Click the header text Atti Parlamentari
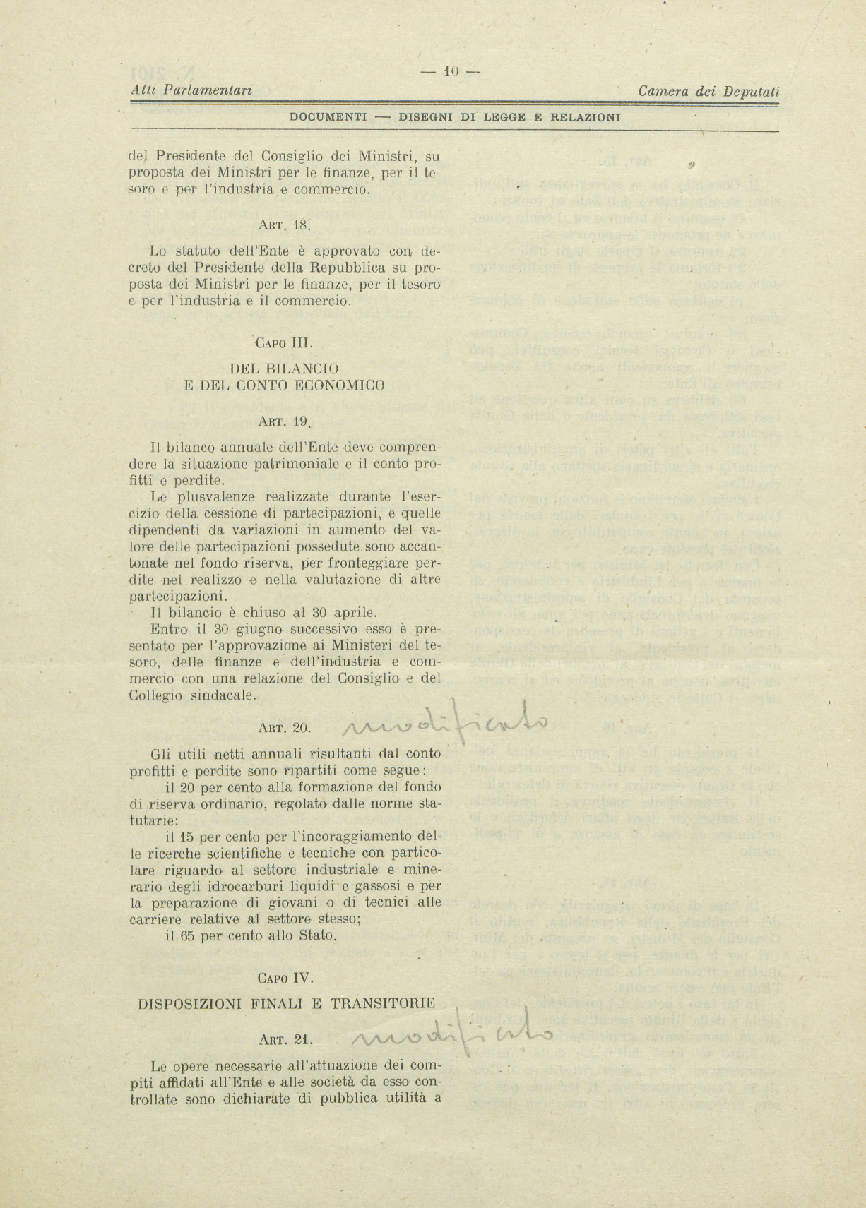(192, 90)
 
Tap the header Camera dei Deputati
(708, 91)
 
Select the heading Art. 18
(285, 225)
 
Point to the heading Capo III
(284, 343)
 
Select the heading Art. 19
(285, 421)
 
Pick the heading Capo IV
(285, 979)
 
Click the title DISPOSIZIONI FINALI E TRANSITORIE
(286, 1003)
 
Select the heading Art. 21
(285, 1039)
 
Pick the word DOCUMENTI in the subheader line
(328, 117)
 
